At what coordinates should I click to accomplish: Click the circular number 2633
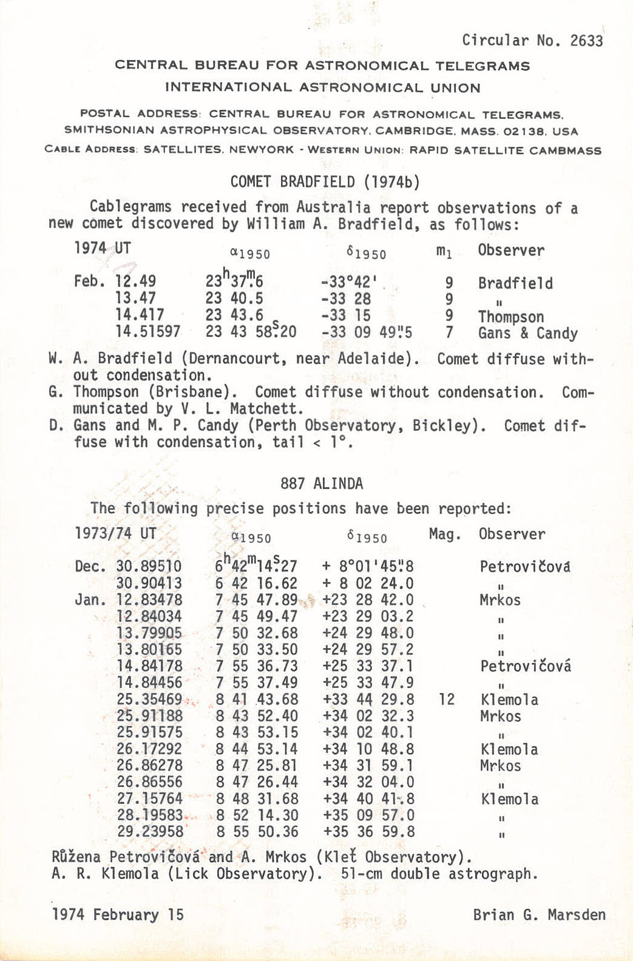[586, 41]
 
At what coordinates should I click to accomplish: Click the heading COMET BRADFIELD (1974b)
[325, 182]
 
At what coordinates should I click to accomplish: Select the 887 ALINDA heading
[322, 484]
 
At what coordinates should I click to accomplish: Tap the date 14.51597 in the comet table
[148, 332]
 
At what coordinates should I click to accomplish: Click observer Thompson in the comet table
[510, 317]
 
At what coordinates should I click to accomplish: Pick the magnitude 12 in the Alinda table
[446, 700]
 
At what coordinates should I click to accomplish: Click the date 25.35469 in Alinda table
[149, 700]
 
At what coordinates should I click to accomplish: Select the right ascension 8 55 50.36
[257, 832]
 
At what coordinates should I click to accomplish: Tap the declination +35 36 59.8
[369, 832]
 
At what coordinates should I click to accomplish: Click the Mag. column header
[445, 534]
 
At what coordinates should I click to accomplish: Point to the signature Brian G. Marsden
[539, 915]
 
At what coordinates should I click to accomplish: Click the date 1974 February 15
[118, 915]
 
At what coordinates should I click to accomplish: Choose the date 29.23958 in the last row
[149, 832]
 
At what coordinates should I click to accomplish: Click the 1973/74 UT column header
[115, 534]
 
